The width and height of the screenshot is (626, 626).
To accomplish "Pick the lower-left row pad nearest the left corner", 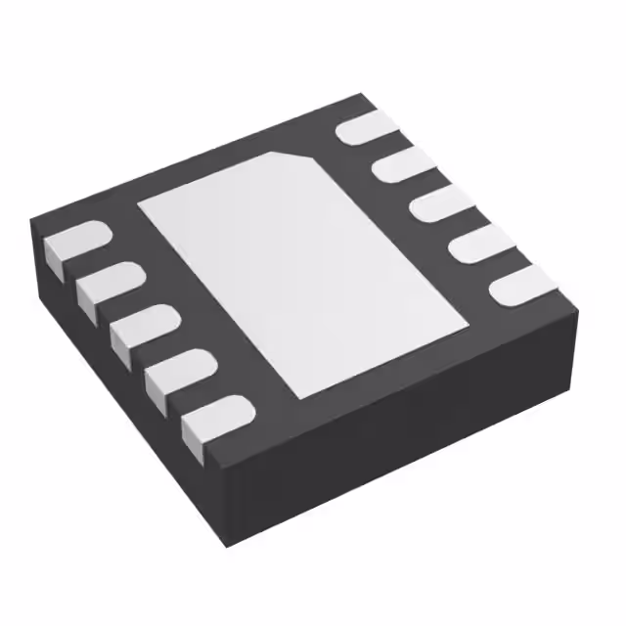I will [x=74, y=246].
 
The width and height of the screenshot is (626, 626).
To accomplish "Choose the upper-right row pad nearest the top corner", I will [x=367, y=127].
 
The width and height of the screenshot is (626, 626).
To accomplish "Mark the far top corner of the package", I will [x=365, y=95].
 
